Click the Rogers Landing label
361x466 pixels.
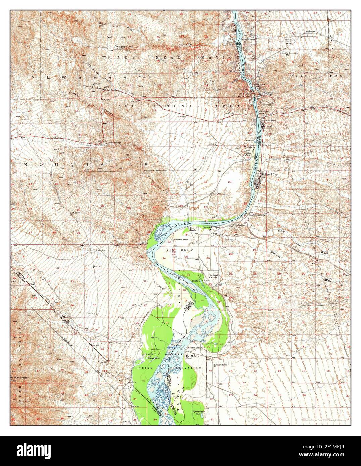[x=257, y=215]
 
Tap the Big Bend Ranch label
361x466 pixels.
[x=214, y=276]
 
